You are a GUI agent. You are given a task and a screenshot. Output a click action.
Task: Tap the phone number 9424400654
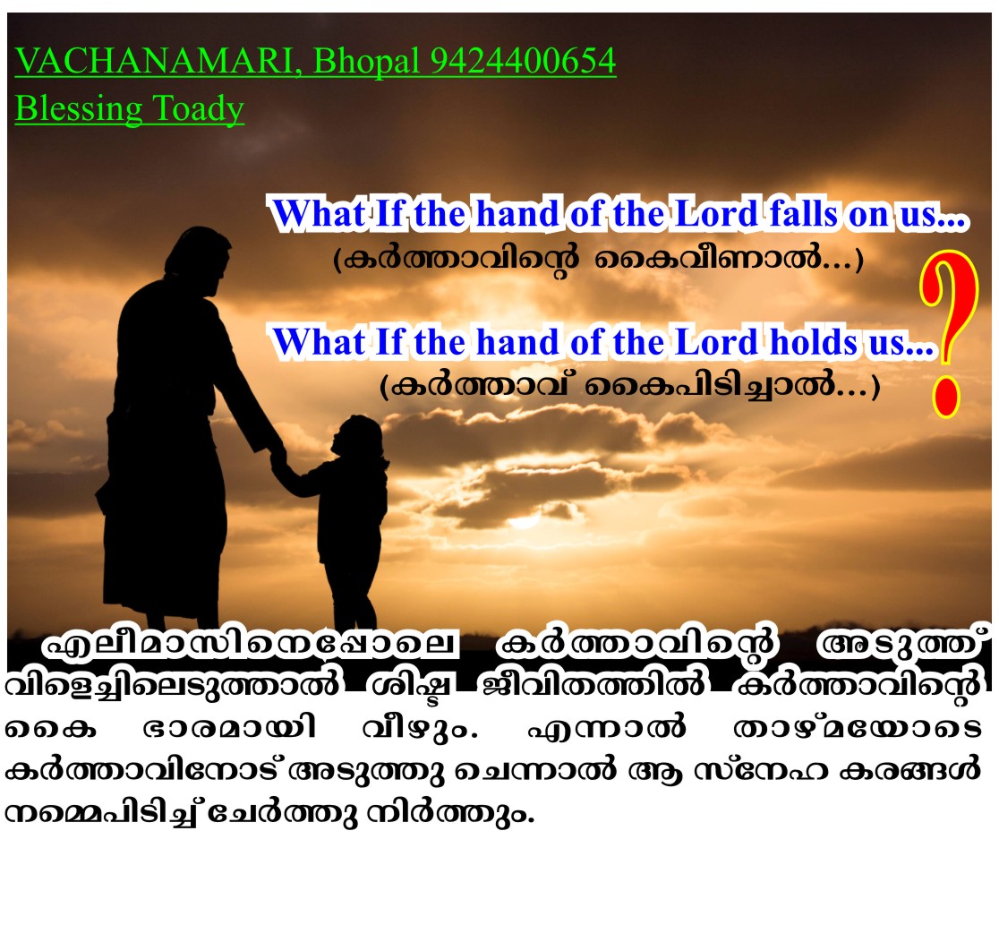pyautogui.click(x=523, y=61)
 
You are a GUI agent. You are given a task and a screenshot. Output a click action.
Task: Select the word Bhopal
pyautogui.click(x=366, y=63)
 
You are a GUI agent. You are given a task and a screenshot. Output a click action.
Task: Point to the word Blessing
pyautogui.click(x=79, y=108)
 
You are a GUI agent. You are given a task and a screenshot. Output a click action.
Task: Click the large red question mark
pyautogui.click(x=948, y=333)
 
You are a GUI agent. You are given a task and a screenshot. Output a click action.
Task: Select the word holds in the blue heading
pyautogui.click(x=814, y=341)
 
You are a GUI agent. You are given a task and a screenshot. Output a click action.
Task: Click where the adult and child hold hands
pyautogui.click(x=277, y=455)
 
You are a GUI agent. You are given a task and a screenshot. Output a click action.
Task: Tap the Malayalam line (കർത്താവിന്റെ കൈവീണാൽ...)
pyautogui.click(x=598, y=260)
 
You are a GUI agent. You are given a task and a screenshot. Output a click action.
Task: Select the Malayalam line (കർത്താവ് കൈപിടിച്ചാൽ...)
pyautogui.click(x=629, y=386)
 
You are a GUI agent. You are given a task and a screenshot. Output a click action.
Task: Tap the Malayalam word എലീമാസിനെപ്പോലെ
pyautogui.click(x=250, y=645)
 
